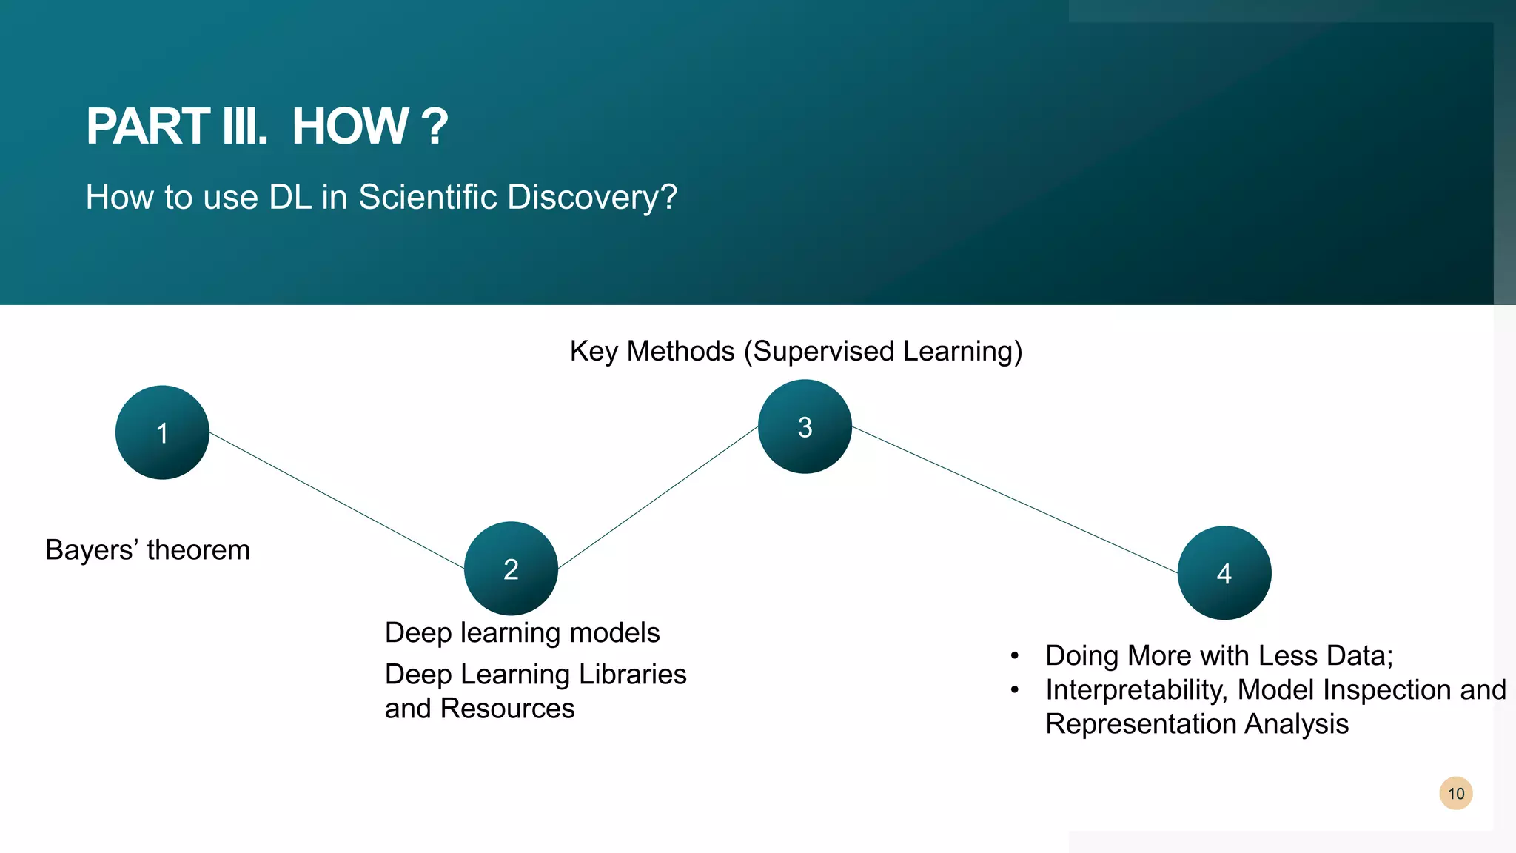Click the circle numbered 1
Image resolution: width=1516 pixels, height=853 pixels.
coord(162,432)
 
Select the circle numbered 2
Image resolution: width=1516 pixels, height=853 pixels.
coord(511,569)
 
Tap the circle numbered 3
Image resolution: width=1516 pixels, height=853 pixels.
coord(805,426)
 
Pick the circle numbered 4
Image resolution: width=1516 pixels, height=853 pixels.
coord(1224,573)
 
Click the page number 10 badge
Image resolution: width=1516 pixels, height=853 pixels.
coord(1456,794)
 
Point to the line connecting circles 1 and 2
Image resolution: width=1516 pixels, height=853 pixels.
coord(337,501)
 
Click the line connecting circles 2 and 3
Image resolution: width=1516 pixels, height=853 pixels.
coord(657,498)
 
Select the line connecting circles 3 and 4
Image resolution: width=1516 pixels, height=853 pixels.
coord(1014,500)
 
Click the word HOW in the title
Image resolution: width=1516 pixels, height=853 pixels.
coord(350,127)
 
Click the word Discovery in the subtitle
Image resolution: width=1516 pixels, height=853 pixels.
coord(592,198)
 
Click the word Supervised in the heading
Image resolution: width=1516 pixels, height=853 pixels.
coord(824,351)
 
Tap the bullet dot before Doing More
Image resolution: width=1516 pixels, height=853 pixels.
coord(1015,656)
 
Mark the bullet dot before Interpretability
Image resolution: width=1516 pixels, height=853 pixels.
coord(1015,690)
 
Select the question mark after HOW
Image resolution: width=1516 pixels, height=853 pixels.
coord(434,127)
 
